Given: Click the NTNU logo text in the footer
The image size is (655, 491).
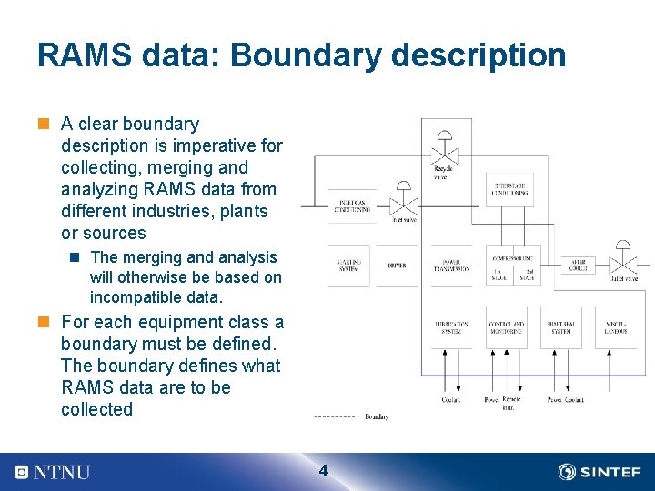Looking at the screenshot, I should tap(62, 472).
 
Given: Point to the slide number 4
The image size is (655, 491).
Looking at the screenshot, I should tap(323, 471).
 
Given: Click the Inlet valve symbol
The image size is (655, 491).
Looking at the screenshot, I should tap(401, 202).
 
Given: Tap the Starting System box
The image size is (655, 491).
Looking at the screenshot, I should tap(349, 265).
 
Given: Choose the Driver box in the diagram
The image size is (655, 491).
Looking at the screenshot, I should tap(397, 266).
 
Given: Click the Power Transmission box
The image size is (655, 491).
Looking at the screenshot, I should tap(451, 266).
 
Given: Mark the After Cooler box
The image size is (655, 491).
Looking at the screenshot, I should tap(579, 265).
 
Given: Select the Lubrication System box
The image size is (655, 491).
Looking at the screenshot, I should tap(452, 327).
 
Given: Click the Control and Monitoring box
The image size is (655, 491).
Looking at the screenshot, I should tap(507, 327).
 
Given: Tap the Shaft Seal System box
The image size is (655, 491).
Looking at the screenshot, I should tap(560, 327).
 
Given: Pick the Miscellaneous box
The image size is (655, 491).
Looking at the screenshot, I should tap(616, 327).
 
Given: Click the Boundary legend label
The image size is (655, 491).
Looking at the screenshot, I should tap(377, 416).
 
